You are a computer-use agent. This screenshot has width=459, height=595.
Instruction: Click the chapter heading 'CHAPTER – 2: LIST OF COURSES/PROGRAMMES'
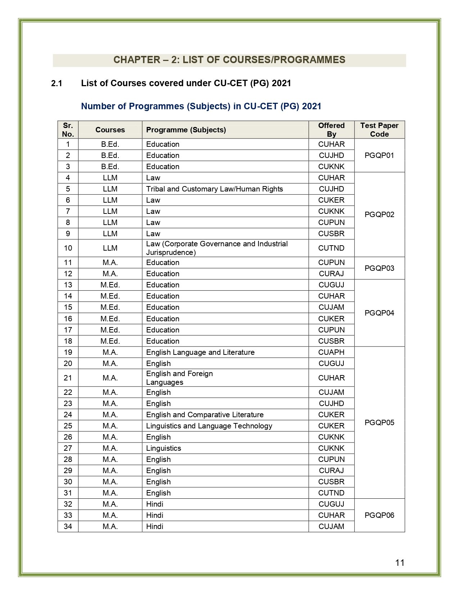(x=229, y=60)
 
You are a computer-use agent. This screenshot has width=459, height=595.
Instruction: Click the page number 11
(x=400, y=563)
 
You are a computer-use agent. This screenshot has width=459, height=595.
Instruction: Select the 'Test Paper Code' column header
(x=379, y=130)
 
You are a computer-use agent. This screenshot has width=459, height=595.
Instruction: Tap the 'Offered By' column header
(x=331, y=130)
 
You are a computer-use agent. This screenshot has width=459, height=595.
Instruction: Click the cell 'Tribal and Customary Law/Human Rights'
(x=215, y=189)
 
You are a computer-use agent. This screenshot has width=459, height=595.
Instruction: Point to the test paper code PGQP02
(x=379, y=215)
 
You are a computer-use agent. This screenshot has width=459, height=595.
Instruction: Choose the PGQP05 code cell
(x=379, y=423)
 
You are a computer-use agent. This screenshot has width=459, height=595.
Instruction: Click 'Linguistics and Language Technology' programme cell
(x=209, y=426)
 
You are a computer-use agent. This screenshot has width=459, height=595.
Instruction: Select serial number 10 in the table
(x=68, y=248)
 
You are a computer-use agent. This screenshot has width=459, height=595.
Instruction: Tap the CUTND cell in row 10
(x=331, y=248)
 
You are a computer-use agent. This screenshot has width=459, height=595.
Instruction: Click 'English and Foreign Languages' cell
(x=179, y=378)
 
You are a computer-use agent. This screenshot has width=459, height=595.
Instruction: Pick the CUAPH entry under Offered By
(x=331, y=352)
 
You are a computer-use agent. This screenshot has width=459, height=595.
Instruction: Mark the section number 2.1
(x=57, y=84)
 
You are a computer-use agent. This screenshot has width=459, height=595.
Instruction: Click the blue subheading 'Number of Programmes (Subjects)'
(x=201, y=106)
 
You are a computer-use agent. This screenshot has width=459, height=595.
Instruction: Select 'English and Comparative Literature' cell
(x=205, y=415)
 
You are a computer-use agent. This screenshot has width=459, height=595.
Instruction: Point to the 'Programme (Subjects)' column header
(x=186, y=130)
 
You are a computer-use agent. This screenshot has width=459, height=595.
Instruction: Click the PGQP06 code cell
(x=379, y=515)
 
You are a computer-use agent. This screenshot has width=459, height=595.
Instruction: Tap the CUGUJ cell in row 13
(x=331, y=285)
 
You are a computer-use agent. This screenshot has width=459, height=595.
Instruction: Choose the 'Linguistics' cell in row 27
(x=163, y=448)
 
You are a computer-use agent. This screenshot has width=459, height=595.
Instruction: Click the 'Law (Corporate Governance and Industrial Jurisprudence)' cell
(x=217, y=248)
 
